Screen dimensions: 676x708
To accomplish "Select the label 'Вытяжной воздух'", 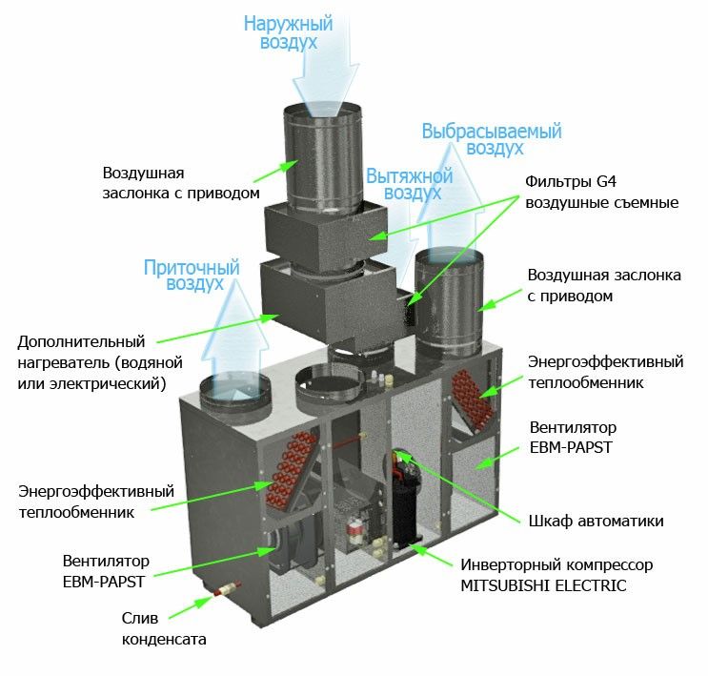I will click(403, 184).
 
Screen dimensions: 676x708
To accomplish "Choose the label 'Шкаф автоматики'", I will click(596, 521).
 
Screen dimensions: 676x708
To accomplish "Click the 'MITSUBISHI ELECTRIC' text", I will click(543, 585).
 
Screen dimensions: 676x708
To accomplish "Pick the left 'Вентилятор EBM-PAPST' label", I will click(104, 569).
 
